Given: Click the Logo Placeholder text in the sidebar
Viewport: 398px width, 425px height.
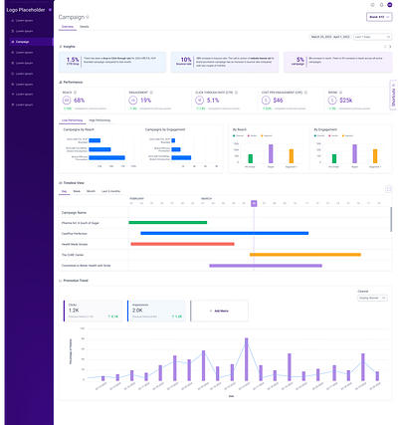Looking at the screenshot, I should click(27, 7).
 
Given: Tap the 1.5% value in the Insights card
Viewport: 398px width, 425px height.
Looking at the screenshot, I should click(73, 61).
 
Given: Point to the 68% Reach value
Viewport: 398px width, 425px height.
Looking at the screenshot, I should click(81, 101).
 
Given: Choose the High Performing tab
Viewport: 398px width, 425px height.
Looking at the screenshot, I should click(99, 118).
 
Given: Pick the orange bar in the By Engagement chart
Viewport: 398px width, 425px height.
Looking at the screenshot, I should click(346, 155).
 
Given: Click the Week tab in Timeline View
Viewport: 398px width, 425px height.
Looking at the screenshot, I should click(77, 190).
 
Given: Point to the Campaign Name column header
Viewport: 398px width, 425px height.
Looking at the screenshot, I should click(76, 211).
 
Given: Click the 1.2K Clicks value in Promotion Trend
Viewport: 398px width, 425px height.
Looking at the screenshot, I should click(74, 311).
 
